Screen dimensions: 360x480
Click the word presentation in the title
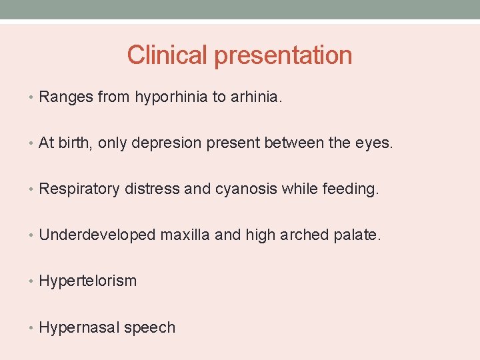pos(283,56)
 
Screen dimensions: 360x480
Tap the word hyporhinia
pos(171,97)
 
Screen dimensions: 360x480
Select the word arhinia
pos(256,97)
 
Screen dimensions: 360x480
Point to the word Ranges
pos(66,97)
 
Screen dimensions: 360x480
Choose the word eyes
pos(377,143)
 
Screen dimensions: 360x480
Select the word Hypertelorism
pos(88,281)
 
